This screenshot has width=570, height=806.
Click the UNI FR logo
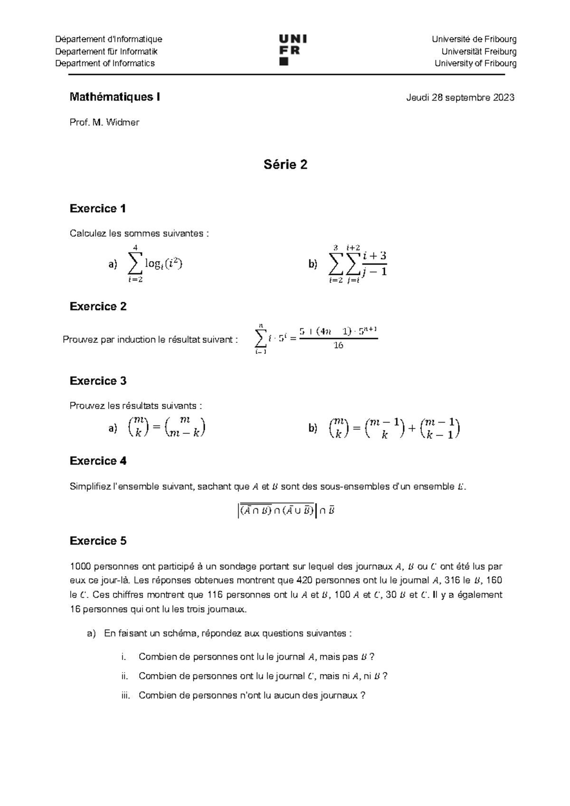[x=290, y=49]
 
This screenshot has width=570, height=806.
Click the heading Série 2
[x=285, y=165]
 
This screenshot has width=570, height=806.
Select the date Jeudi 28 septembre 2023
[x=460, y=98]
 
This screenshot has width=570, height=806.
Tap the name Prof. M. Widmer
[x=104, y=122]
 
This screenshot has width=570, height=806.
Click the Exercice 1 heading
[x=98, y=208]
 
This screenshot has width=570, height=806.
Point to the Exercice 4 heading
[x=98, y=460]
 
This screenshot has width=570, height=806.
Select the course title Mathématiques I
[x=114, y=97]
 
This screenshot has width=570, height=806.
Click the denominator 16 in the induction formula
[x=338, y=346]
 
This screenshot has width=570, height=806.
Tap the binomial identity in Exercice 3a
[x=166, y=428]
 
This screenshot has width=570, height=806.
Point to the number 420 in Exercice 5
[x=304, y=581]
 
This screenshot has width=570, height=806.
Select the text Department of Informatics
[x=105, y=64]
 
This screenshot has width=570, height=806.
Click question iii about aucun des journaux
[x=252, y=695]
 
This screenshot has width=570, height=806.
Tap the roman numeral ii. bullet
[x=125, y=676]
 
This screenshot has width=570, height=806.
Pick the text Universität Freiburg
[x=479, y=51]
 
